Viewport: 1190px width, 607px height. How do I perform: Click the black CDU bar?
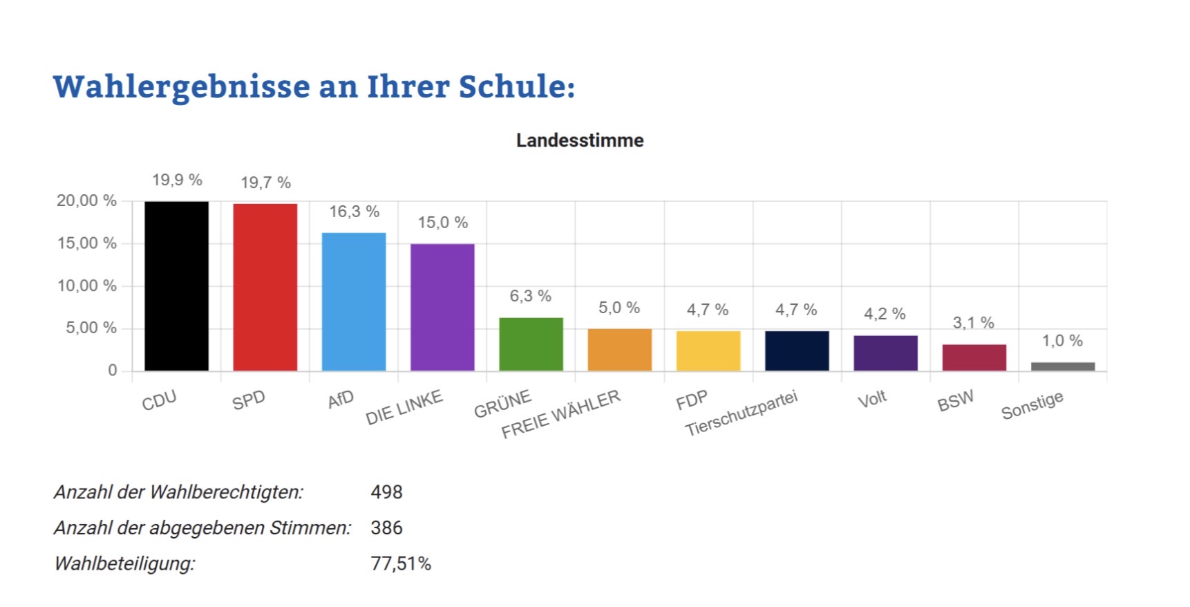coord(176,286)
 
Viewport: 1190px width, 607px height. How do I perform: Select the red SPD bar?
coord(265,287)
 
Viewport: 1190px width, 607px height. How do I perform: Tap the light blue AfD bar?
coord(354,301)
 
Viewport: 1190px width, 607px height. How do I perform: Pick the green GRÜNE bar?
coord(531,344)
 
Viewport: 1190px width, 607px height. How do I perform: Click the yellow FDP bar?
coord(708,351)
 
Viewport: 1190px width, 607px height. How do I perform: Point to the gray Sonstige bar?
coord(1063,366)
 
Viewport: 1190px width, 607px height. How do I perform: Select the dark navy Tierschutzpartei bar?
coord(797,351)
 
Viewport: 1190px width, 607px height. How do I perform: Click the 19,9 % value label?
coord(177,180)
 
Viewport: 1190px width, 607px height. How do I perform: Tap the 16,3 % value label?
coord(354,212)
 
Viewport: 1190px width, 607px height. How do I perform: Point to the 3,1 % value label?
coord(973,323)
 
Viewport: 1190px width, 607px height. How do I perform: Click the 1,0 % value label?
coord(1062,341)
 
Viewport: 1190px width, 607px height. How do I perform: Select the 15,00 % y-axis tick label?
coord(87,243)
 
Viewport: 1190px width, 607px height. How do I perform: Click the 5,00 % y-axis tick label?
coord(91,328)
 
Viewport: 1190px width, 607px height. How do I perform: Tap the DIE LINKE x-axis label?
coord(404,408)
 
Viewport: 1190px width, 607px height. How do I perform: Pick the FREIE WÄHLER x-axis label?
coord(560,415)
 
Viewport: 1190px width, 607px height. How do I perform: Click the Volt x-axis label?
coord(871,400)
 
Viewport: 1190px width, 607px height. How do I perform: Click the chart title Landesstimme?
coord(580,140)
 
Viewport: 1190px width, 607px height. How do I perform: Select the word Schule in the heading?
coord(516,87)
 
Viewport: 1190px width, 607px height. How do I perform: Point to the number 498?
coord(386,492)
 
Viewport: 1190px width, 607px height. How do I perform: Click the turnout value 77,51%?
coord(401,564)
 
